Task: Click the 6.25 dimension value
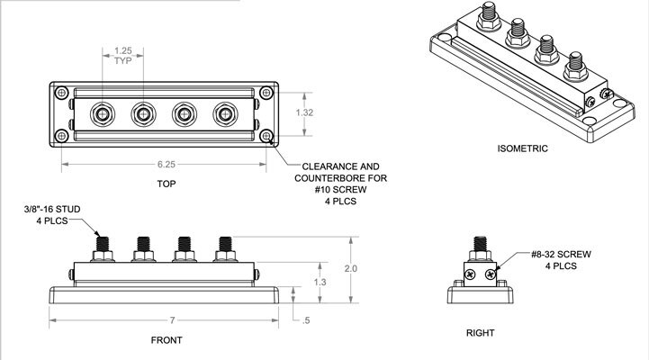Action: click(165, 166)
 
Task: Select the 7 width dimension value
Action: click(167, 321)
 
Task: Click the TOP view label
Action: click(165, 184)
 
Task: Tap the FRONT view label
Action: click(167, 340)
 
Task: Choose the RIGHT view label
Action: click(480, 333)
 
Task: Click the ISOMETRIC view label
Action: click(522, 147)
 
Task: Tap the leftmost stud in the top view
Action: click(101, 114)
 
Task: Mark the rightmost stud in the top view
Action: click(223, 114)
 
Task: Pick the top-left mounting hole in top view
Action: click(61, 93)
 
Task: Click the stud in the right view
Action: click(480, 248)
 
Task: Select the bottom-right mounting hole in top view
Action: click(266, 136)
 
